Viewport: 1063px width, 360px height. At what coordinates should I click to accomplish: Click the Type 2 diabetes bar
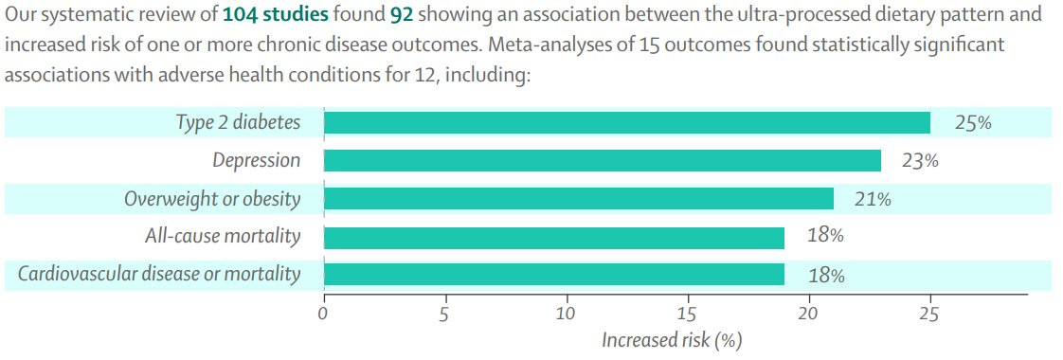[627, 123]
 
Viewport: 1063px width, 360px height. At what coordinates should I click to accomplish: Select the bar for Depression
[603, 161]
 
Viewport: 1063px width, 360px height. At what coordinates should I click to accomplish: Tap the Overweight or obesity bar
[579, 199]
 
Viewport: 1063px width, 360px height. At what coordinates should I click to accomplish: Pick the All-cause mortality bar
[554, 237]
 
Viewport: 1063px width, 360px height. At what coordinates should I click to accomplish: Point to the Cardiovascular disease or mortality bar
[554, 276]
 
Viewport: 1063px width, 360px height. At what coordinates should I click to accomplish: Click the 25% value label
[973, 123]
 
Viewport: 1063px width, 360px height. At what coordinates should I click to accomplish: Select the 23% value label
[920, 161]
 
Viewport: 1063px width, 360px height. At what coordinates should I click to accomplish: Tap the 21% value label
[872, 199]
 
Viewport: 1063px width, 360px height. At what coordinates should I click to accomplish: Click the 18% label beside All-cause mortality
[825, 236]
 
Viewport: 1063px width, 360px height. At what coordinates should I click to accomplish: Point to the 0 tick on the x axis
[324, 314]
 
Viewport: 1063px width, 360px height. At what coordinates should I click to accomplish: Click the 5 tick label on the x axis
[445, 314]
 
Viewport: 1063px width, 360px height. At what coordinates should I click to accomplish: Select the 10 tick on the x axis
[567, 314]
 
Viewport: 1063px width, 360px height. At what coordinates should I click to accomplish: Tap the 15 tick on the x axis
[688, 314]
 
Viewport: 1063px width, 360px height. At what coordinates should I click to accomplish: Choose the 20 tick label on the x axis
[809, 314]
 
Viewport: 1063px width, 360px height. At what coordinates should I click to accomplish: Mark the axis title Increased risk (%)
[672, 340]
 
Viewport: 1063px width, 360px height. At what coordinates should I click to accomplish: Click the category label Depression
[256, 161]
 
